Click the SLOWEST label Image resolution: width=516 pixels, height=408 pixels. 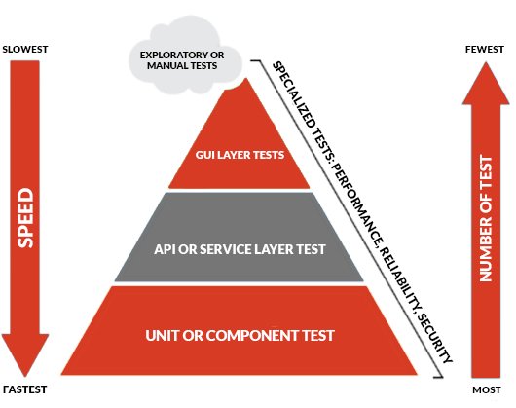coord(25,50)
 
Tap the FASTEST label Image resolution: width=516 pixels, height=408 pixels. coord(24,389)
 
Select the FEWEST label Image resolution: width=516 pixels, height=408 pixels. coord(485,50)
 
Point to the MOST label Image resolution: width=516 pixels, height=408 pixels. coord(487,390)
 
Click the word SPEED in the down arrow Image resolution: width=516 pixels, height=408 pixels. coord(25,218)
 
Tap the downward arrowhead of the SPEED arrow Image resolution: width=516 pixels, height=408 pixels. coord(25,354)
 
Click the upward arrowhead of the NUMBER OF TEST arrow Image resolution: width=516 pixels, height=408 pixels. coord(486,83)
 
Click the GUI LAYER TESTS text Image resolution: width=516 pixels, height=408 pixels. coord(240,155)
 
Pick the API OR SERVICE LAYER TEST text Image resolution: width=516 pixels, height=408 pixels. coord(240,249)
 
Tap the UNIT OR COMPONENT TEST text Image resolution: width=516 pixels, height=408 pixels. coord(240,336)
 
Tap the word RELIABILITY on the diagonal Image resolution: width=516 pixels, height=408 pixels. coord(400,279)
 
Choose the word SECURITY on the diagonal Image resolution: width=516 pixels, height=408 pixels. coord(435,338)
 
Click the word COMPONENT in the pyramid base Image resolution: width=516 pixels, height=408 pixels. coord(252,336)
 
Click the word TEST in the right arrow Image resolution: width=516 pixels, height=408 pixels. coord(486,171)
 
